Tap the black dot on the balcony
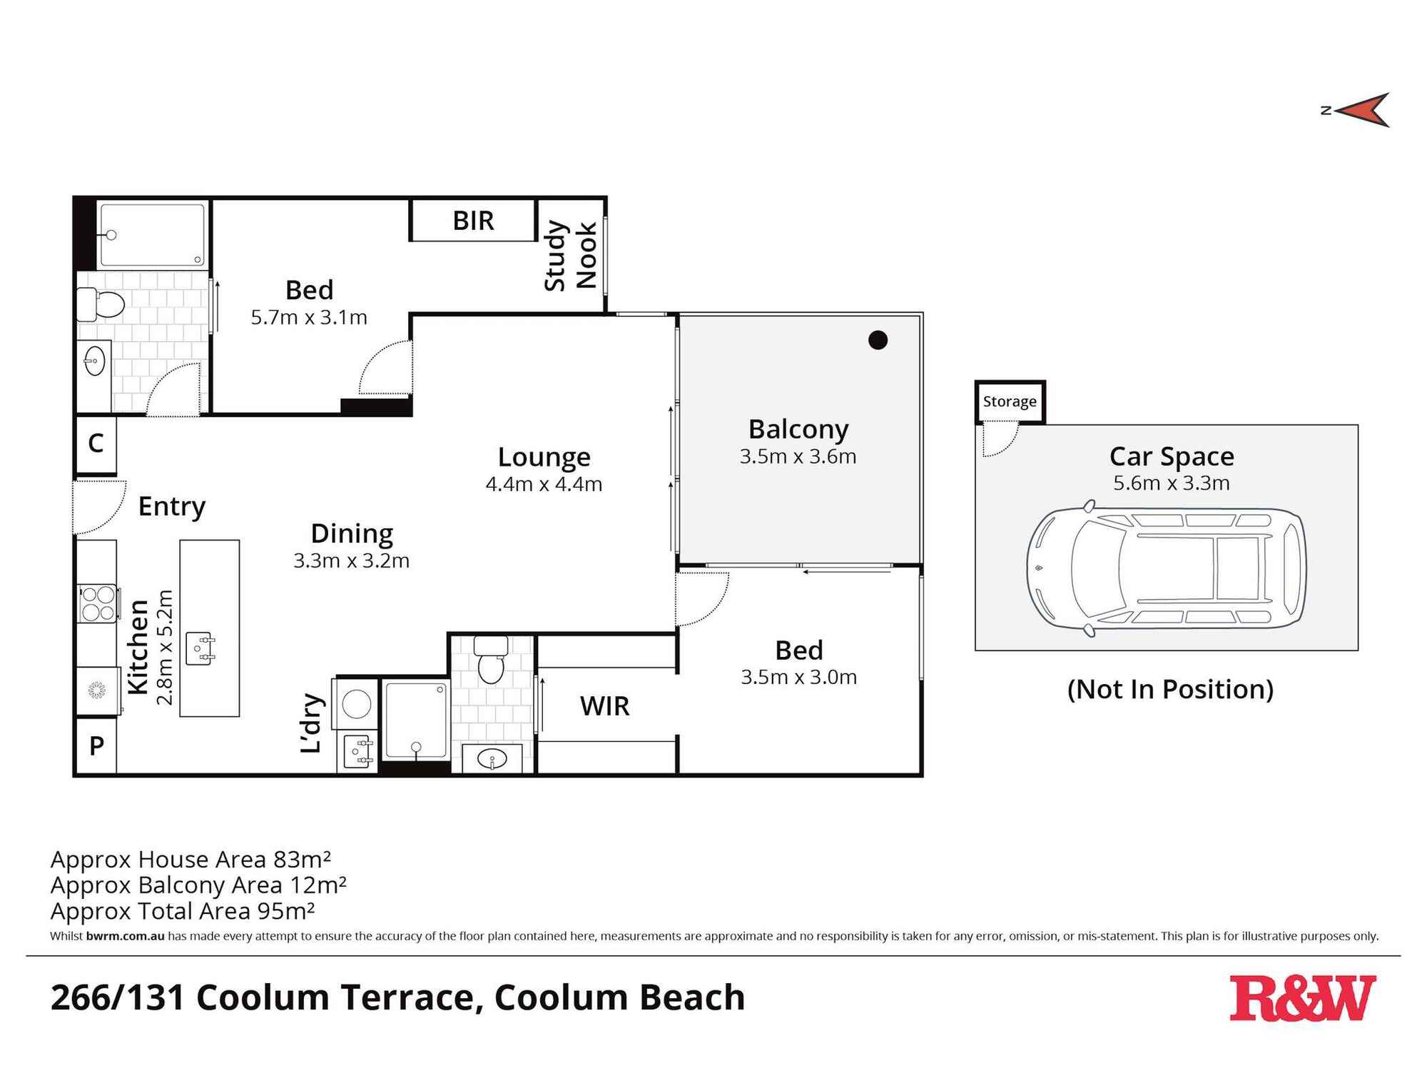pos(878,341)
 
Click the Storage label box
pos(1009,401)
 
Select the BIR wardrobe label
pos(473,221)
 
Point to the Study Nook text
pos(570,256)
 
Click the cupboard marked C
pos(96,443)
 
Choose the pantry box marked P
pos(96,746)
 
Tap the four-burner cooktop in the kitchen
pos(98,603)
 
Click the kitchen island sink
pos(200,648)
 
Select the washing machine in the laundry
pos(356,704)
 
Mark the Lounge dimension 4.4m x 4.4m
pos(544,484)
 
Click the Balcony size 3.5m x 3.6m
pos(798,456)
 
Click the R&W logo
pos(1301,998)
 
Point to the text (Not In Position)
pos(1170,689)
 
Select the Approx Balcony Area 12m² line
pos(198,885)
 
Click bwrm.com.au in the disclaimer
pos(125,936)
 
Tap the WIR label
pos(604,706)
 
